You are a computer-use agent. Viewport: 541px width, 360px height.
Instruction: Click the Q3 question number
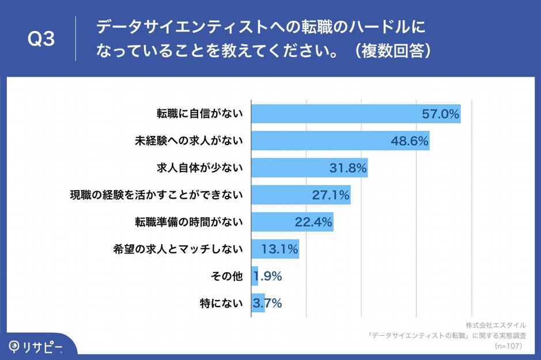coord(41,39)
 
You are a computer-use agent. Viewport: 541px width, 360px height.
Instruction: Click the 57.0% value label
coord(440,114)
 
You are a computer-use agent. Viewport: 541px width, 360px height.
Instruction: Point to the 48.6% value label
coord(410,141)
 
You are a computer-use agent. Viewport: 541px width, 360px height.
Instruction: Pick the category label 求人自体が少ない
coord(200,168)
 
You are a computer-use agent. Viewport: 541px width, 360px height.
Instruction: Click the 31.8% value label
coord(348,168)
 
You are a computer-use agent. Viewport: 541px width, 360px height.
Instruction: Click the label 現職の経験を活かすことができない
coord(156,195)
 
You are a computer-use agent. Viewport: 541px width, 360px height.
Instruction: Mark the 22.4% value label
coord(313,222)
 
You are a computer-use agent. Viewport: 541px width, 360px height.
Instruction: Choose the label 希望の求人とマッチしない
coord(178,249)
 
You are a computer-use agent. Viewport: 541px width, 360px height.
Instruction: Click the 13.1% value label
coord(279,249)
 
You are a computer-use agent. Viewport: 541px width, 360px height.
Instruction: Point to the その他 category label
coord(228,276)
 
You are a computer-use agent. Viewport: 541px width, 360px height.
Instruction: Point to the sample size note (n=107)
coord(508,346)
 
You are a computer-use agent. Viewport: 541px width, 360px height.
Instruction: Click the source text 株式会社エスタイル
coord(495,325)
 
